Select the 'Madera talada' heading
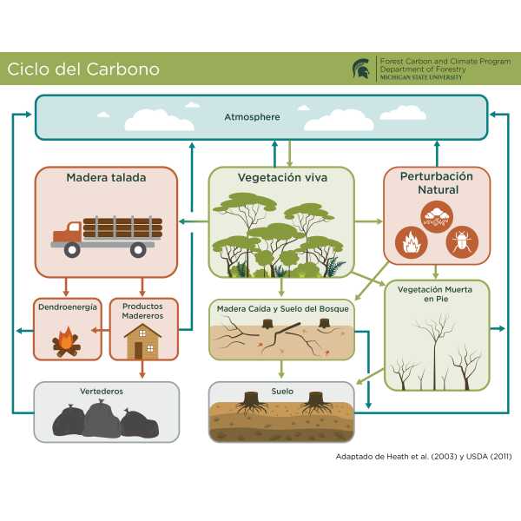pos(106,178)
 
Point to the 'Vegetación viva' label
pos(281,178)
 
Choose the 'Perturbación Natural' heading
pos(437,182)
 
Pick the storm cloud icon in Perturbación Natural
pos(436,217)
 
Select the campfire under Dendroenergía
pos(66,340)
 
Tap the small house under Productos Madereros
pos(143,342)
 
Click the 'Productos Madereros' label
pos(143,312)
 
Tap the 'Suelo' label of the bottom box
pos(281,392)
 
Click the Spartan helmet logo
pos(360,69)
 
